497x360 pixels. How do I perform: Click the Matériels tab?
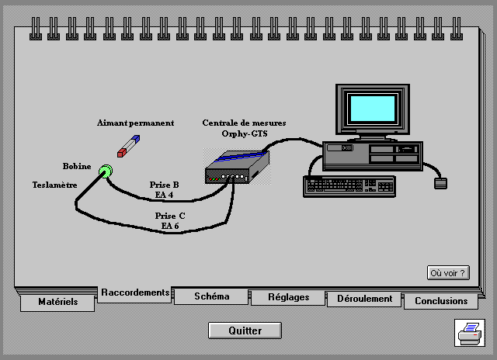tap(58, 302)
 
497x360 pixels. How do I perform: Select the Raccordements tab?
tap(135, 292)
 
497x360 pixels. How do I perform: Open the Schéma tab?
tap(211, 296)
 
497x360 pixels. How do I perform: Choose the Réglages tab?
tap(288, 297)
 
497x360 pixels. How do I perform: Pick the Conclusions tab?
tap(441, 301)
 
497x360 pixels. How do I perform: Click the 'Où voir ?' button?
tap(448, 272)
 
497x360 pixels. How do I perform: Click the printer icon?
tap(470, 334)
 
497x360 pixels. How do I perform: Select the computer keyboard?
tap(349, 185)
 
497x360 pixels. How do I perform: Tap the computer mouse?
tap(440, 184)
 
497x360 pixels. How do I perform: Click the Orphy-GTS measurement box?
tap(237, 166)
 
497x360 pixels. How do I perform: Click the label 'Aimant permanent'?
tap(135, 123)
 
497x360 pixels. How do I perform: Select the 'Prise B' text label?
tap(164, 185)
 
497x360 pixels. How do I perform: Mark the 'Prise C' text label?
tap(170, 216)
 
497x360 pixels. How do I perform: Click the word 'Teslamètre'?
tap(54, 185)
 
